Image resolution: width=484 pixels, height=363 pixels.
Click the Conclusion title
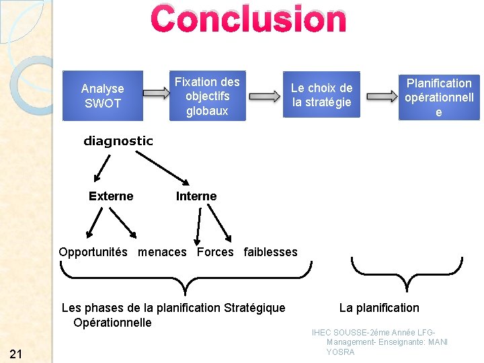[249, 19]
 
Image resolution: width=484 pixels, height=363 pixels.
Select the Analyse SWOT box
[103, 95]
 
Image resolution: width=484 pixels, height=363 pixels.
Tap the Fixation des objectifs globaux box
[207, 95]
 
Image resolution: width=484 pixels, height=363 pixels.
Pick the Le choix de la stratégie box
[321, 95]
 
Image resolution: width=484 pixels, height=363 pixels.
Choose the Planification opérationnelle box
[439, 97]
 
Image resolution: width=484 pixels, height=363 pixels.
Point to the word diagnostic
[118, 141]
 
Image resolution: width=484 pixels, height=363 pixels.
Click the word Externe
[111, 196]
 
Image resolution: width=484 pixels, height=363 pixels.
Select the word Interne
[196, 196]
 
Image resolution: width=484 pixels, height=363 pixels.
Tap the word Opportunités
[93, 252]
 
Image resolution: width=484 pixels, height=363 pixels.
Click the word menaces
[162, 252]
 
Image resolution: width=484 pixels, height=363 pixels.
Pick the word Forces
[215, 252]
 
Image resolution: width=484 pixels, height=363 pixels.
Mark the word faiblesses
[270, 252]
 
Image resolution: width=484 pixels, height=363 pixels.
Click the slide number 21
[17, 354]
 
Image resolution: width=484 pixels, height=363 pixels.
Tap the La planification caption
[379, 308]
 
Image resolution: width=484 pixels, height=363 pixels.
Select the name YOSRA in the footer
[340, 352]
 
